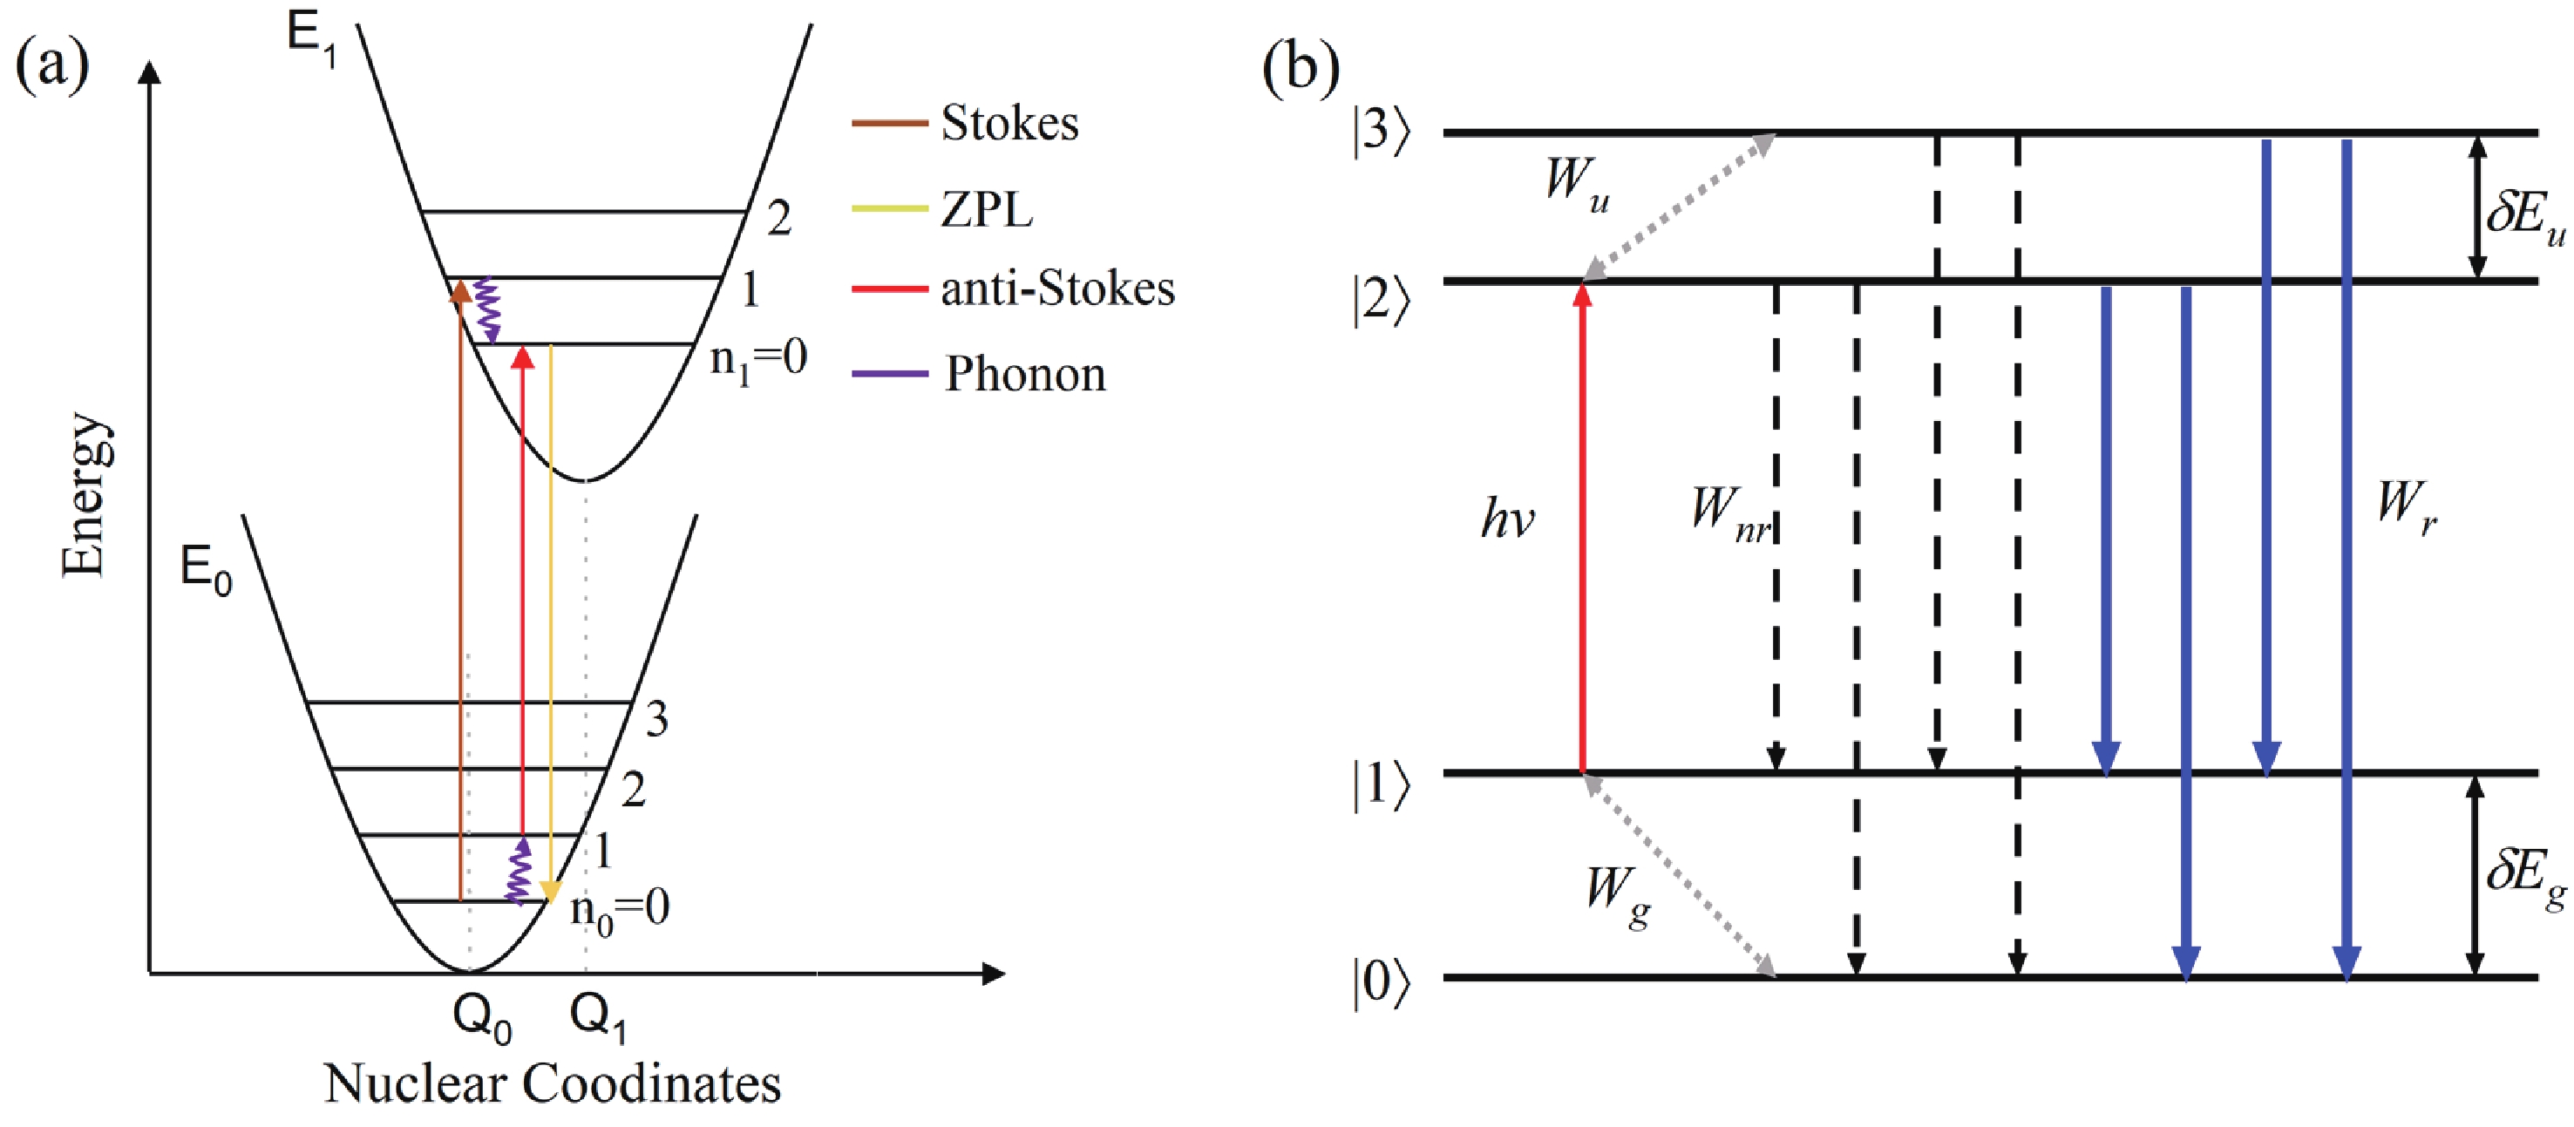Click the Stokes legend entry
click(x=1009, y=124)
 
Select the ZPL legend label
click(x=986, y=210)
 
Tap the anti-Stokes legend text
click(x=1057, y=289)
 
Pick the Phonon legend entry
click(x=1025, y=375)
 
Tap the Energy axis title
click(x=84, y=494)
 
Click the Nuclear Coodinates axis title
click(x=553, y=1085)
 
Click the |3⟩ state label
click(x=1381, y=131)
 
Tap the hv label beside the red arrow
click(x=1507, y=519)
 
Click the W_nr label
click(x=1729, y=514)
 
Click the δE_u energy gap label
click(x=2524, y=216)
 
